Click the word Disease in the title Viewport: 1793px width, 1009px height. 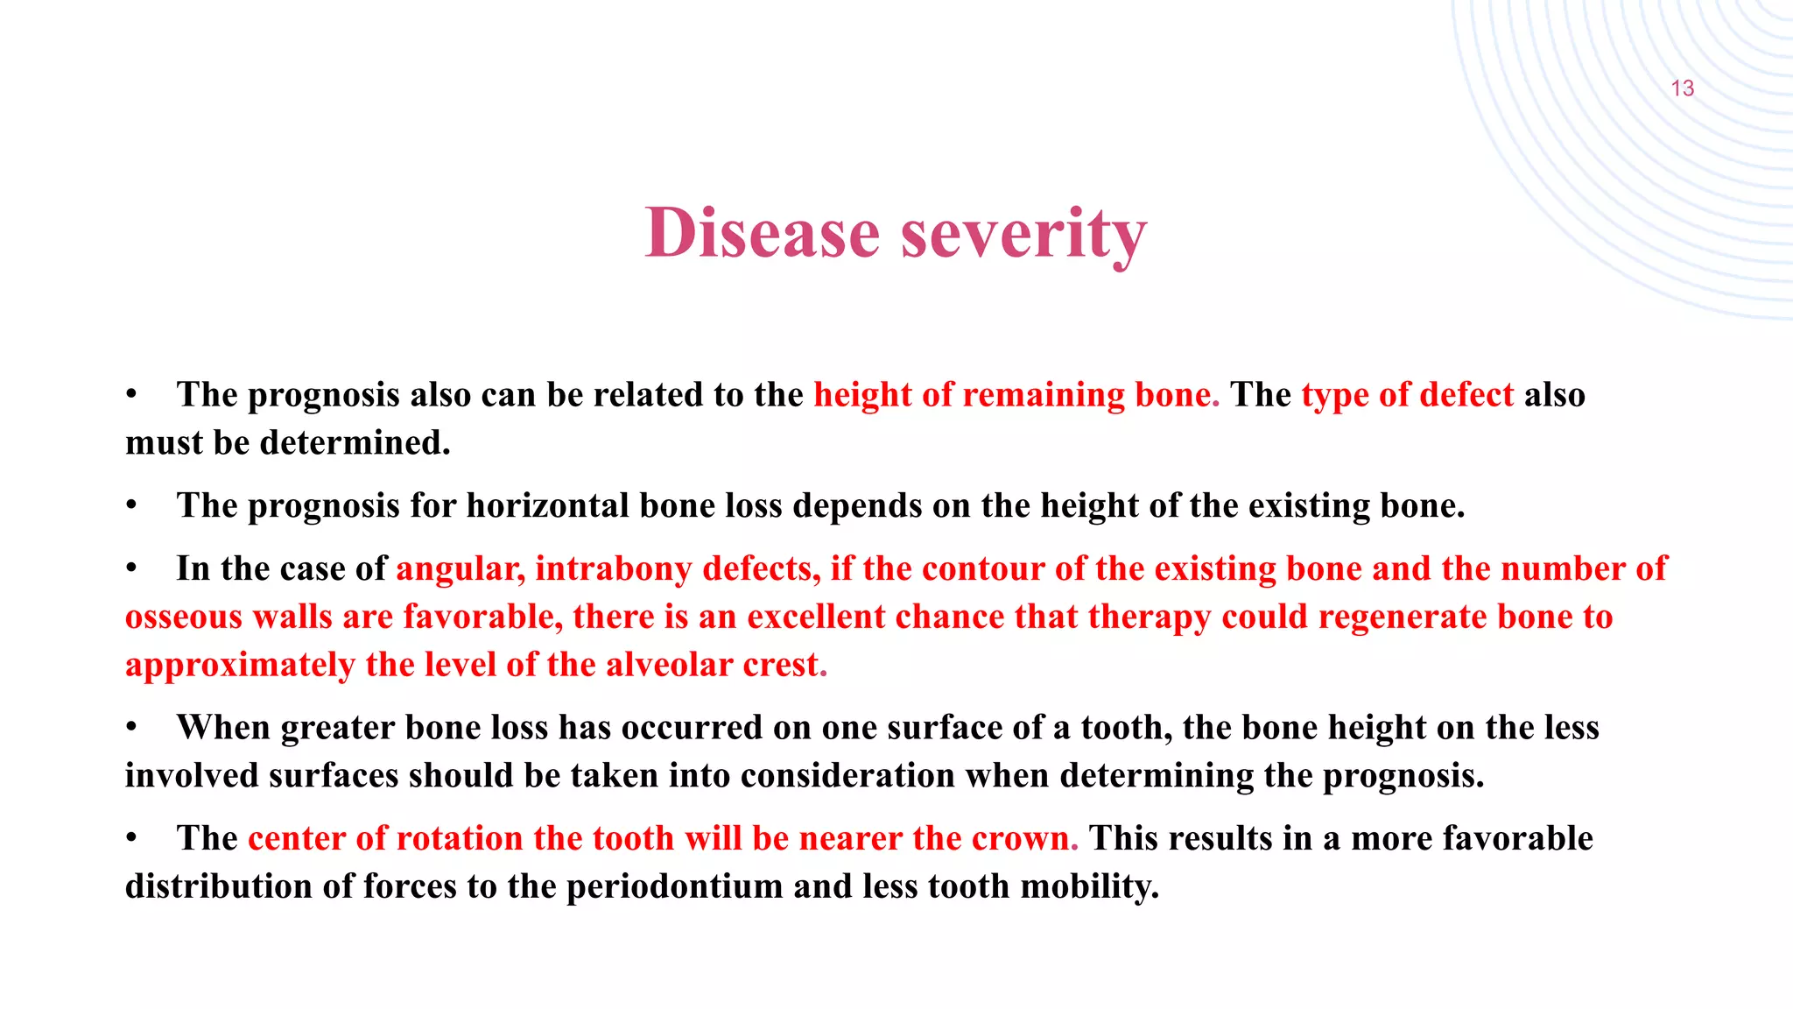coord(762,233)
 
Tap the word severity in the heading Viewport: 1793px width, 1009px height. coord(1023,233)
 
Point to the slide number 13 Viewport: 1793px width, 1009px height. coord(1682,88)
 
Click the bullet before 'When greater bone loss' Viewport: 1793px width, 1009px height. coord(131,728)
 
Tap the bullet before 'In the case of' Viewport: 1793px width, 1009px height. coord(131,569)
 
